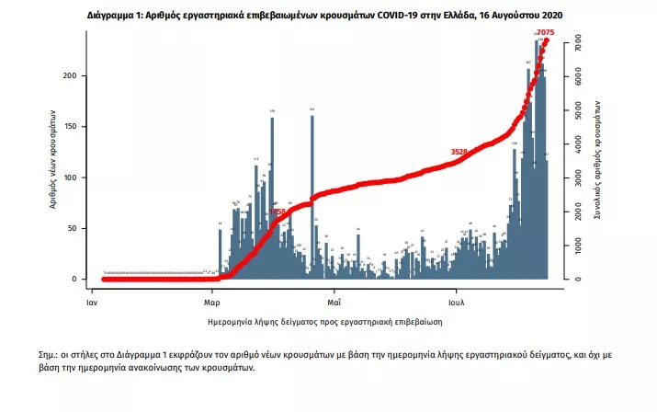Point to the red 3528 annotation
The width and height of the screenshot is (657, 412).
[459, 152]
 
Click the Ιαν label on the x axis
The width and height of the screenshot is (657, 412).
[92, 301]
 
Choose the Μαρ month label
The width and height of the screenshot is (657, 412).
[211, 301]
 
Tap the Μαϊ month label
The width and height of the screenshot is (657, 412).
[334, 301]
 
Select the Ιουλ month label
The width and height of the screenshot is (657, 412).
[457, 301]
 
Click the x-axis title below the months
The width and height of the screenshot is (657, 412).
[326, 323]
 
